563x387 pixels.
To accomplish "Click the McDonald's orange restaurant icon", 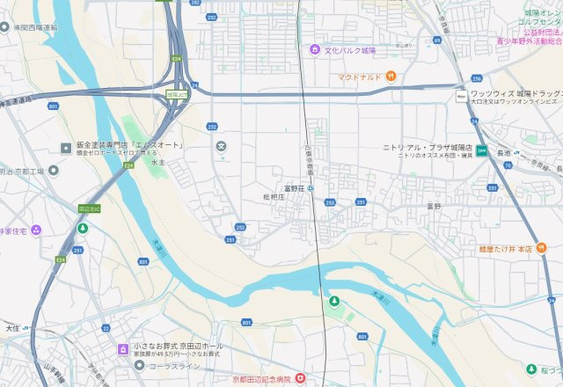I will (391, 77).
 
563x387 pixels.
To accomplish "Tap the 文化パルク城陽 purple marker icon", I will (314, 49).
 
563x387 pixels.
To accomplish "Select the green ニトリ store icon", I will (481, 150).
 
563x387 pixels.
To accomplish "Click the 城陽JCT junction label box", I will (176, 94).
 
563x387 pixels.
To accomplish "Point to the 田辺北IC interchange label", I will (89, 208).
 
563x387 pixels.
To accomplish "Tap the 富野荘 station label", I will (293, 187).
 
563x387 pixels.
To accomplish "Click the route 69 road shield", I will (437, 40).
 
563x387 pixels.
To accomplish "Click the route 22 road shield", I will (106, 328).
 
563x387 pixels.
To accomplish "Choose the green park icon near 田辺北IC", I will (82, 229).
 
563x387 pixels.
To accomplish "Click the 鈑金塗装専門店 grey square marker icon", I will (65, 147).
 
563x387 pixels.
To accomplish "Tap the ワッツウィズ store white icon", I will (461, 95).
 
